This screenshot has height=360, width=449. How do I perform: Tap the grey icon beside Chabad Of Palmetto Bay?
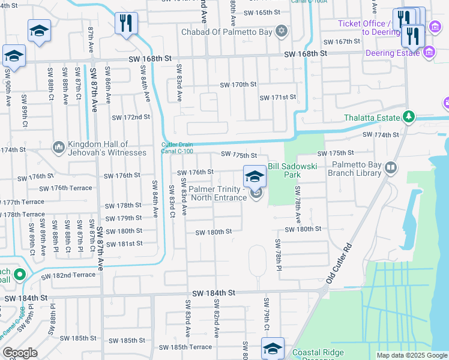pyautogui.click(x=282, y=31)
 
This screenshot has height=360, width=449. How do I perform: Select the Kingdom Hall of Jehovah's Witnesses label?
pyautogui.click(x=107, y=148)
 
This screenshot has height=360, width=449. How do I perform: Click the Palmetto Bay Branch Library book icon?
pyautogui.click(x=391, y=167)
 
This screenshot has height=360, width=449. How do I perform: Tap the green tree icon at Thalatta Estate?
pyautogui.click(x=409, y=116)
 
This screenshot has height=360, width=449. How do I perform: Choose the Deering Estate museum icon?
pyautogui.click(x=429, y=53)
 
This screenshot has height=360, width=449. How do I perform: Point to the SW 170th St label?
pyautogui.click(x=238, y=85)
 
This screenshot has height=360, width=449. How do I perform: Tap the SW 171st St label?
pyautogui.click(x=278, y=97)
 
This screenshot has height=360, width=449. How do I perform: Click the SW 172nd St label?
pyautogui.click(x=130, y=116)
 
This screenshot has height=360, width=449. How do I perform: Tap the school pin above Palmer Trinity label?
pyautogui.click(x=255, y=176)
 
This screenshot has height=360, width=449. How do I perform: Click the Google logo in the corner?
pyautogui.click(x=20, y=353)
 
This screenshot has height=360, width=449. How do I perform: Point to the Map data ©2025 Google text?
pyautogui.click(x=411, y=355)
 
